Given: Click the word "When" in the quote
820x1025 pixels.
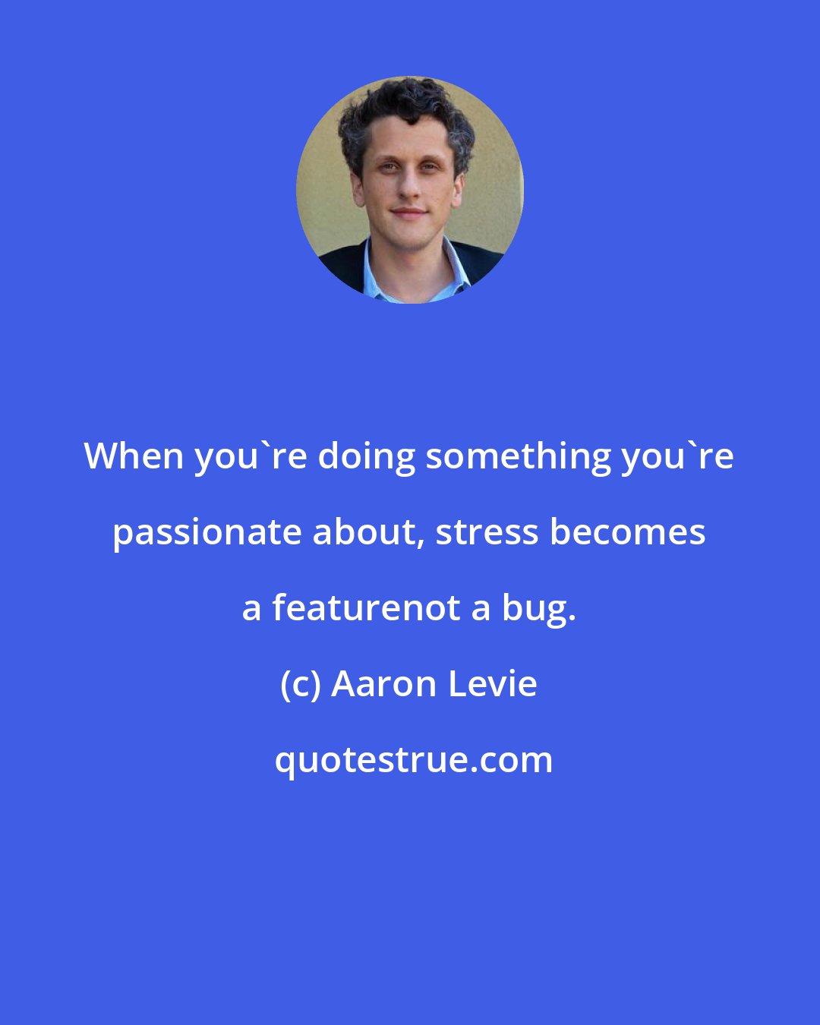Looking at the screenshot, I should pos(134,456).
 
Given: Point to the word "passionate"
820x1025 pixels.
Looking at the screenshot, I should pos(206,533).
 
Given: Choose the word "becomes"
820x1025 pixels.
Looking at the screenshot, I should pos(628,532).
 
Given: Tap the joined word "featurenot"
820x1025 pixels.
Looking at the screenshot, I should pos(366,608).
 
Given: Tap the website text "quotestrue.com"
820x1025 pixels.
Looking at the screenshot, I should pos(414,760).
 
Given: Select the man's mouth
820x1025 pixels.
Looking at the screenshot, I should pos(408,213).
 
